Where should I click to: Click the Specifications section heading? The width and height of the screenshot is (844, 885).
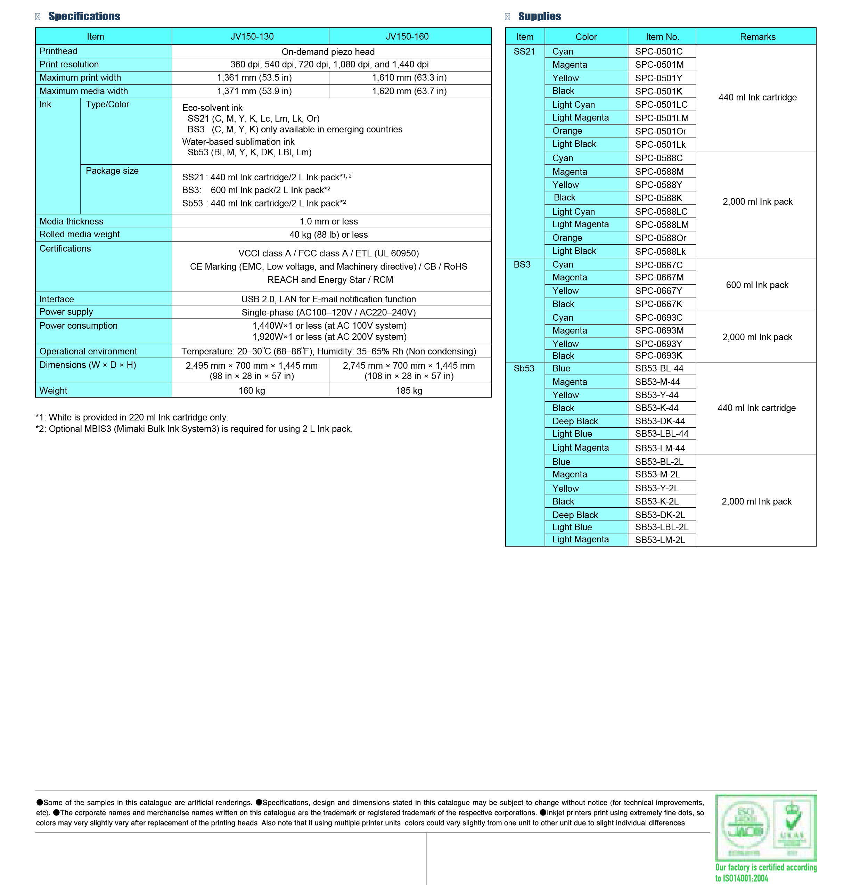pos(84,17)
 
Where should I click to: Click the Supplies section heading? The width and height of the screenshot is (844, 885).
pos(539,17)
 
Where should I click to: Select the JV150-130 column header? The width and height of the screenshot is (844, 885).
pos(252,36)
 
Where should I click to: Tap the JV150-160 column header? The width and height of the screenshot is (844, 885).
pos(407,36)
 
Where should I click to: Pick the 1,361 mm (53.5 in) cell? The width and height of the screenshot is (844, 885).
pos(254,78)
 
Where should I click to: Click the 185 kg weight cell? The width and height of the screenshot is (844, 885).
pos(409,391)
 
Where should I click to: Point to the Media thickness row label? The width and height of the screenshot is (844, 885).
pos(72,221)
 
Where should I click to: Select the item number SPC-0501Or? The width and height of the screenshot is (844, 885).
pos(661,131)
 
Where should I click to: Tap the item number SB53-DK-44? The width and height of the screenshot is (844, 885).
pos(660,421)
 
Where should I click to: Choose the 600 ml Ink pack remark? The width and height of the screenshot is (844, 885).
pos(757,285)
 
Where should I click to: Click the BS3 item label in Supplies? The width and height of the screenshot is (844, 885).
pos(522,264)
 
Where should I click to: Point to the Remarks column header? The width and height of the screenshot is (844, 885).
pos(757,37)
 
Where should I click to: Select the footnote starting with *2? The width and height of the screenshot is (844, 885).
pos(194,429)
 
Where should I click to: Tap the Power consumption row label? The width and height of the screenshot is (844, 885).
pos(78,326)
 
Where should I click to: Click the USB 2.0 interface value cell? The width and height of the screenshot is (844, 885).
pos(328,299)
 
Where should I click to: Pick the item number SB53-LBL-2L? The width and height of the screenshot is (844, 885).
pos(661,527)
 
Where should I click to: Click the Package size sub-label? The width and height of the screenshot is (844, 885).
pos(112,171)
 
